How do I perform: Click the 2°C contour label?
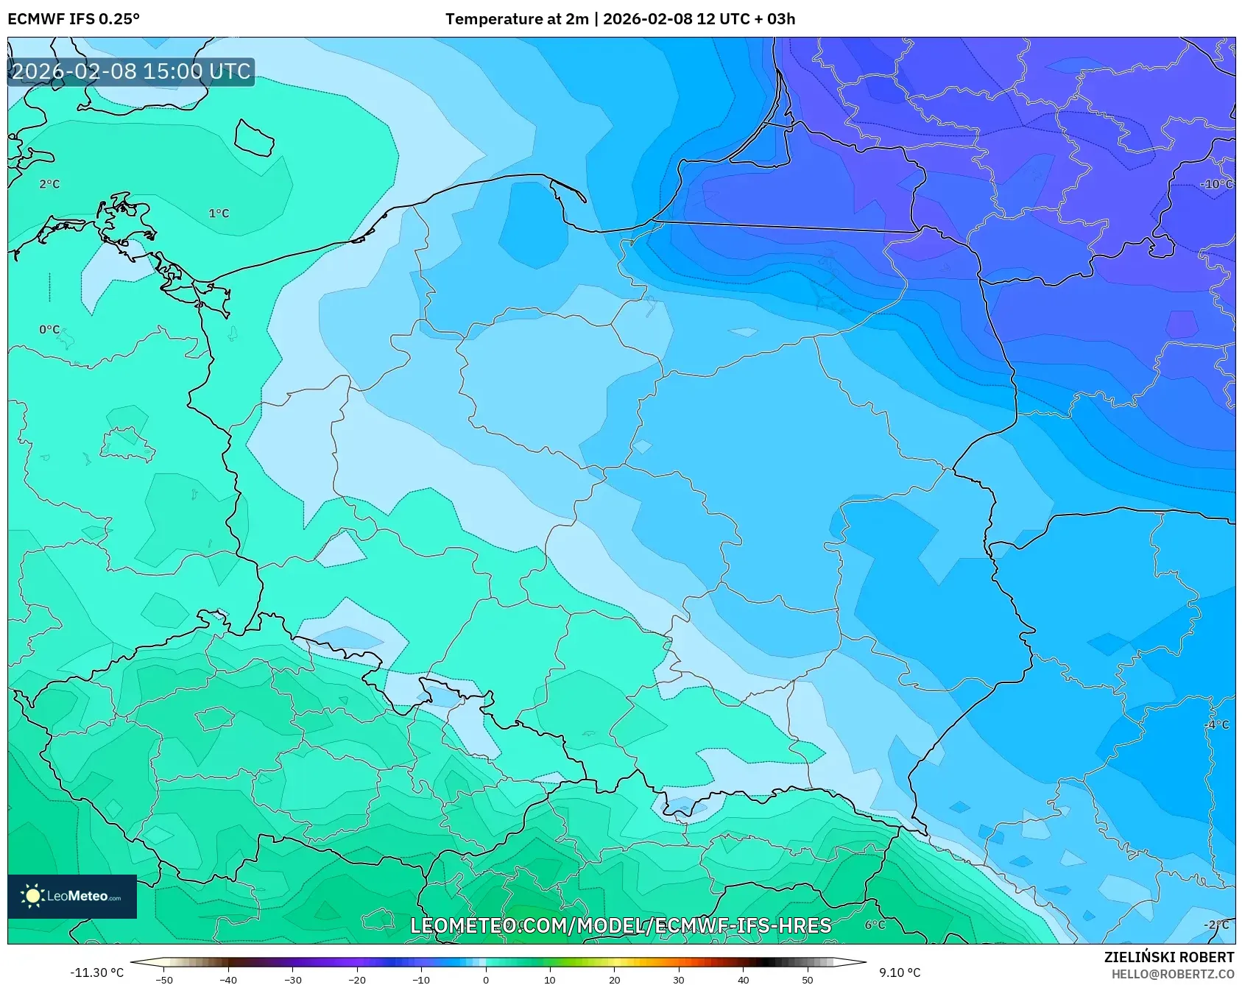(x=49, y=184)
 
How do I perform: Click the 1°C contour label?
(x=219, y=213)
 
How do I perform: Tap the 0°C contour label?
(x=49, y=330)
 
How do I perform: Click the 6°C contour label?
(x=875, y=925)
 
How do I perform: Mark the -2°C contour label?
(x=1216, y=925)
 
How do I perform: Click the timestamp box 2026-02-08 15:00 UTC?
(x=131, y=71)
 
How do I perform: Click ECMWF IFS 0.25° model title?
(x=74, y=19)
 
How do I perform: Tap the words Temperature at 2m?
(x=516, y=19)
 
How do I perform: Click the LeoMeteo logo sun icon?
(x=32, y=896)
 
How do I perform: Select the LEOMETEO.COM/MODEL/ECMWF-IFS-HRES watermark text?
(x=621, y=926)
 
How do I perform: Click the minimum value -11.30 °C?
(x=96, y=972)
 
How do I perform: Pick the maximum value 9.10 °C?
(x=900, y=972)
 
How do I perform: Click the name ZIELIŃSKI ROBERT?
(x=1168, y=957)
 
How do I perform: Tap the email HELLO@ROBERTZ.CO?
(x=1172, y=974)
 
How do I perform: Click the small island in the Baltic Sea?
(x=254, y=138)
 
